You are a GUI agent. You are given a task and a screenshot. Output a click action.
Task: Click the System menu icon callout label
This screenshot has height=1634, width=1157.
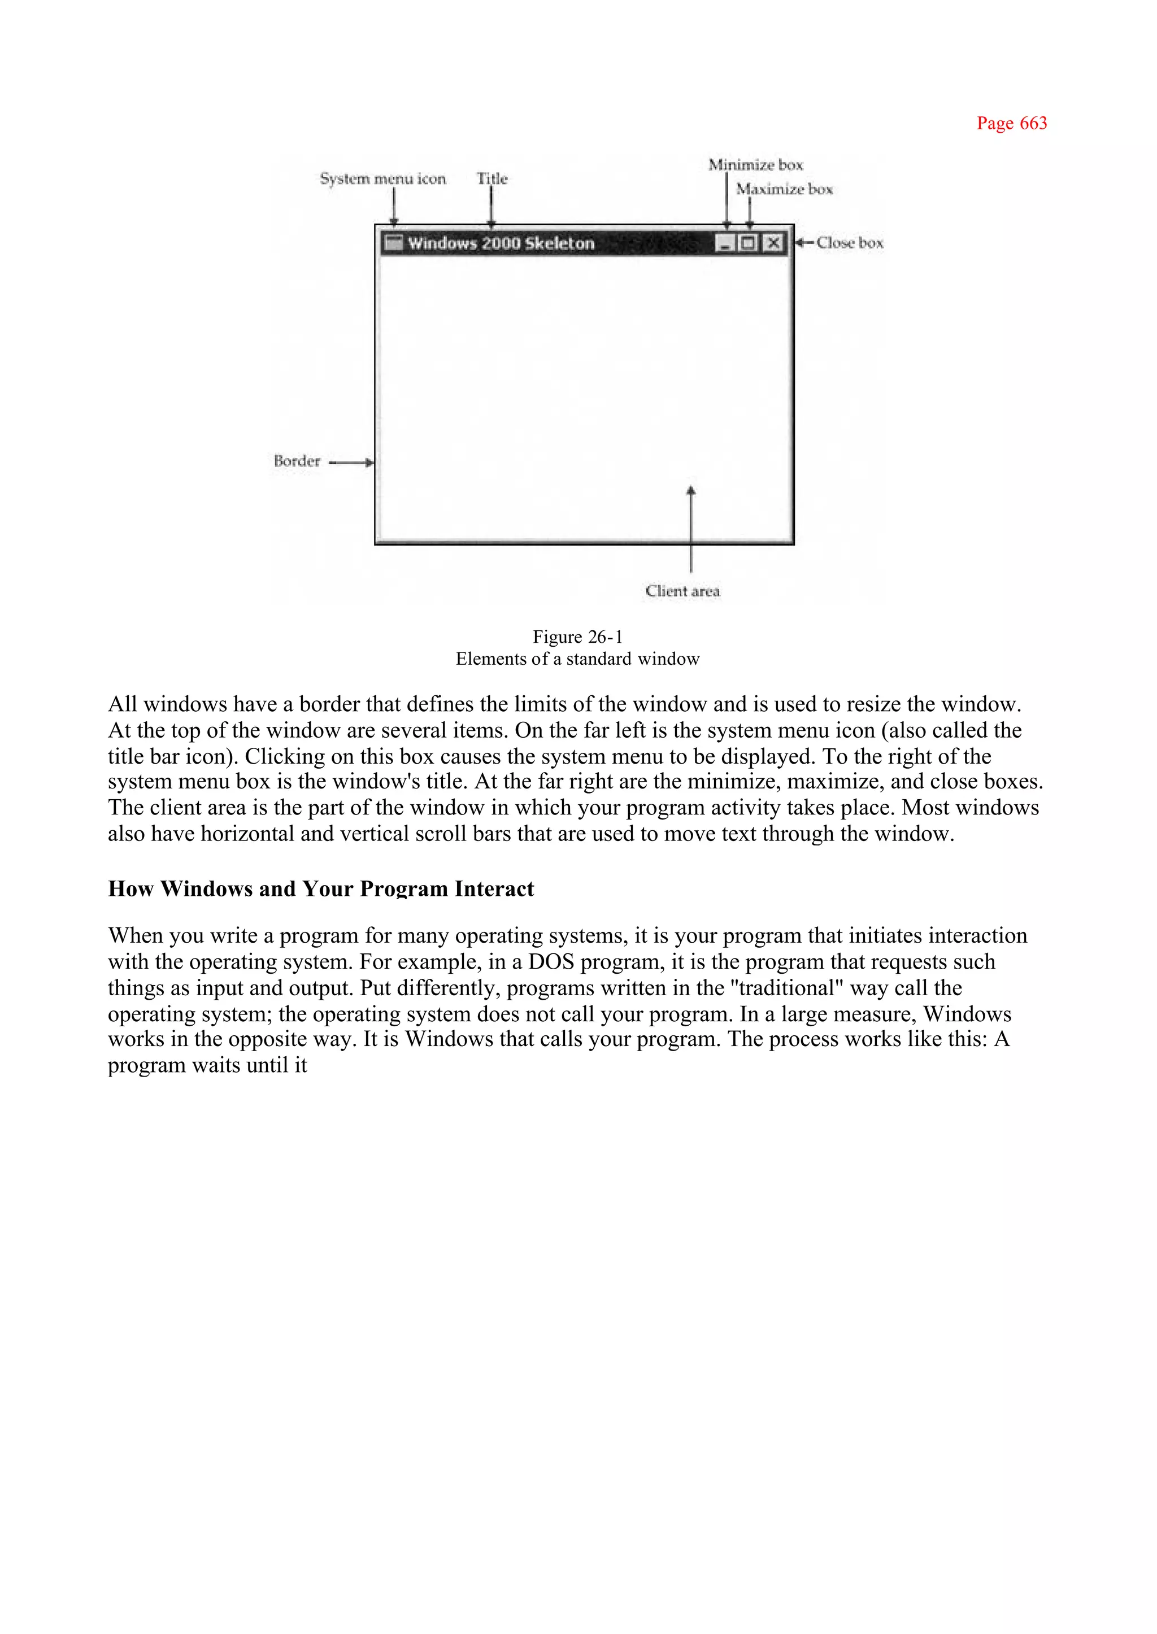click(382, 179)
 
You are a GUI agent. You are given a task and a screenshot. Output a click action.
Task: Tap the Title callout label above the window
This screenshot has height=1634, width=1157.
click(491, 179)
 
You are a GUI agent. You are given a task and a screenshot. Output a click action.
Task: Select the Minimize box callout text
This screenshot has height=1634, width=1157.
click(755, 165)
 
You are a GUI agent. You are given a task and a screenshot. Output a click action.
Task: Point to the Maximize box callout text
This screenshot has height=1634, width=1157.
click(784, 189)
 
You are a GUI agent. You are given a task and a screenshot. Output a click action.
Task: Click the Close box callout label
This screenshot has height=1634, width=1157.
click(849, 243)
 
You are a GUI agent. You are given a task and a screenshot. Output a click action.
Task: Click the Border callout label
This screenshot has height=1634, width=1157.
click(297, 461)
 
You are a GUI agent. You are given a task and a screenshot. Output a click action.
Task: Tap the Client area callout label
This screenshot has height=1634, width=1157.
click(682, 591)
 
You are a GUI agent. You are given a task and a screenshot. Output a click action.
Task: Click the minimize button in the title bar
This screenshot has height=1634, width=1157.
click(725, 243)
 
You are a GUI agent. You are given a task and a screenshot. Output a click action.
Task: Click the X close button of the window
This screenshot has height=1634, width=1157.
click(772, 243)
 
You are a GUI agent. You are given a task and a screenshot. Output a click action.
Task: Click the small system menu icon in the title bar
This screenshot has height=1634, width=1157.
click(393, 243)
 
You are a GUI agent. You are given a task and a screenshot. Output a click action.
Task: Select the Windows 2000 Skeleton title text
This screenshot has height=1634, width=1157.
click(501, 243)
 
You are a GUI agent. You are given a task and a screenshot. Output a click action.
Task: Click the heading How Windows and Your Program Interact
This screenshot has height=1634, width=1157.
click(320, 889)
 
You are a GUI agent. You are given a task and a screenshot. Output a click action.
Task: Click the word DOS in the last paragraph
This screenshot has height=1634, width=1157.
click(550, 962)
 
